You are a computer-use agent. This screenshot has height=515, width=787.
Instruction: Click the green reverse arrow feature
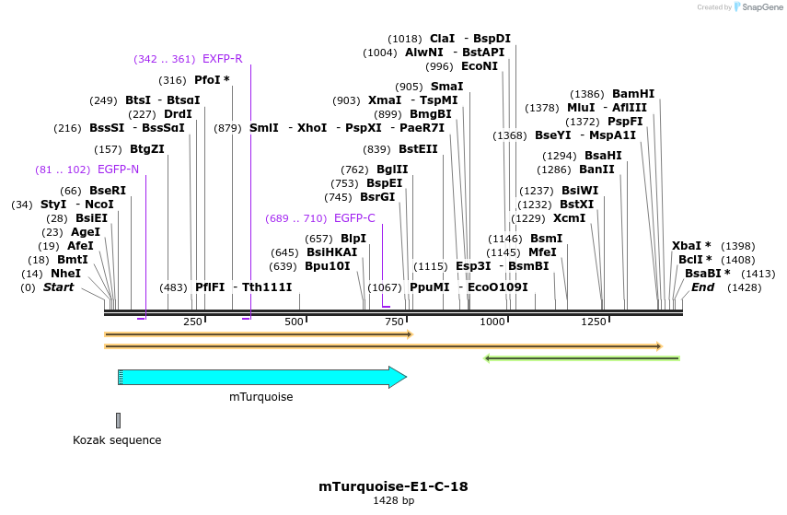point(582,358)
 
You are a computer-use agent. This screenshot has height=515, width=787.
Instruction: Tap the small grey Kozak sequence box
point(118,421)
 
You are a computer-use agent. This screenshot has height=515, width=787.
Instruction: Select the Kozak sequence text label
point(117,440)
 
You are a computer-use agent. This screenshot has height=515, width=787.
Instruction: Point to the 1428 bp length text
point(393,501)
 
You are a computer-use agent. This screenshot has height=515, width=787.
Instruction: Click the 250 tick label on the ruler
point(192,322)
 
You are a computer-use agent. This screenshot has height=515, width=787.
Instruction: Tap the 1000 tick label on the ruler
point(492,322)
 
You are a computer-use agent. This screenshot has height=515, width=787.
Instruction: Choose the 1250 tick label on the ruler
point(594,322)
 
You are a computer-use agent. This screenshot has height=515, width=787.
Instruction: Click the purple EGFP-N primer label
point(118,170)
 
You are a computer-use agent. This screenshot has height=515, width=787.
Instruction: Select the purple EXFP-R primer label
point(222,59)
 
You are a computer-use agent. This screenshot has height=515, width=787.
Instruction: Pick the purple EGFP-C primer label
point(354,218)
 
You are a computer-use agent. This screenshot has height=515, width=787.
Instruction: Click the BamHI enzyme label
point(633,94)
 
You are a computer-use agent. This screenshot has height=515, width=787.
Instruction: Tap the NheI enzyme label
point(65,274)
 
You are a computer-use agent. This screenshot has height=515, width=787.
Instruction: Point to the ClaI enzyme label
point(442,39)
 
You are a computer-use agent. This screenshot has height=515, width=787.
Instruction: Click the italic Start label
point(58,287)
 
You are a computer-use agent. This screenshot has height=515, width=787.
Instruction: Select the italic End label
point(702,287)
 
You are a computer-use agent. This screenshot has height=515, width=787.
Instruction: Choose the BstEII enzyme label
point(418,149)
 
